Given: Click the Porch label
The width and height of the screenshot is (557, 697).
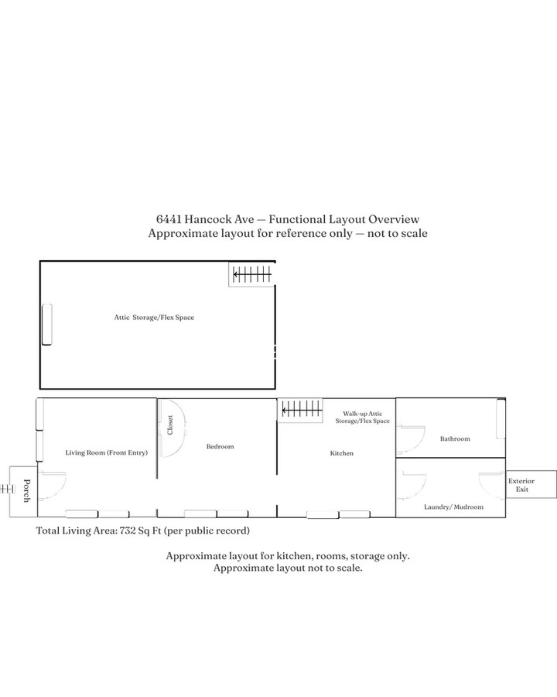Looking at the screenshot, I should click(x=26, y=491).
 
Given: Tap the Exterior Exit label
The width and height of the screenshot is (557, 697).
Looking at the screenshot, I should click(x=521, y=485).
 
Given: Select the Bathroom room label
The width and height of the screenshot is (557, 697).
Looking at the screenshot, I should click(x=455, y=439).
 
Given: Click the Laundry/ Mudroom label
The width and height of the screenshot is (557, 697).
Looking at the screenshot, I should click(x=453, y=507).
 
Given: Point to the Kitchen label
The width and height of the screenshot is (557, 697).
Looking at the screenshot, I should click(x=341, y=453).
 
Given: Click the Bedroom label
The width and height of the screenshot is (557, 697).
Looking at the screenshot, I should click(x=220, y=447).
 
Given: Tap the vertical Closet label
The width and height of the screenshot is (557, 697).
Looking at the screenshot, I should click(x=170, y=425).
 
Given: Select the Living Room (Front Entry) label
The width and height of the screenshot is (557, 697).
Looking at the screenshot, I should click(x=106, y=452).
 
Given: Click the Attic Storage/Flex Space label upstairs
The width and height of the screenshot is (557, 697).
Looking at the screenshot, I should click(x=153, y=318).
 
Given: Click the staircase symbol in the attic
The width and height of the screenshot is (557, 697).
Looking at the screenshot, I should click(x=252, y=273).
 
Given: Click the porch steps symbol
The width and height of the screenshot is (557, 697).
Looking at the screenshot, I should click(x=6, y=489).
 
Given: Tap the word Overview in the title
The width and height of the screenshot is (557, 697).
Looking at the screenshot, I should click(x=394, y=220).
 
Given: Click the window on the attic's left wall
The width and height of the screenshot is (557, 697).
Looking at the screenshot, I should click(x=46, y=324).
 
